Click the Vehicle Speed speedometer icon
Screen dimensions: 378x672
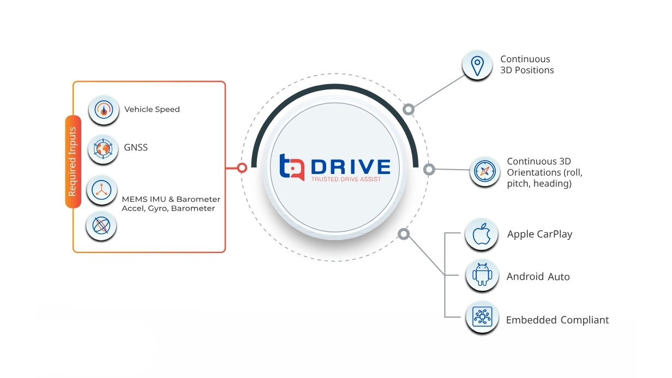pyautogui.click(x=103, y=110)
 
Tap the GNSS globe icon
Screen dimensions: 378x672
pyautogui.click(x=103, y=148)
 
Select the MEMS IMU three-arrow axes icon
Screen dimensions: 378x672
pyautogui.click(x=102, y=190)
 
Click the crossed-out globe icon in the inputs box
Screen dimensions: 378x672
pyautogui.click(x=101, y=225)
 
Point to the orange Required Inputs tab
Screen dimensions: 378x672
pyautogui.click(x=73, y=161)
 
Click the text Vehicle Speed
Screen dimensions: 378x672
pyautogui.click(x=152, y=109)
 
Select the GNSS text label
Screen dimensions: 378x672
pyautogui.click(x=135, y=147)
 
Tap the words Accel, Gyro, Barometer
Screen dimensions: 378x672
pyautogui.click(x=169, y=208)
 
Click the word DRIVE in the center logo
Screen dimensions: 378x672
pyautogui.click(x=351, y=166)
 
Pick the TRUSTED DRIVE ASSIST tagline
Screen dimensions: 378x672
pyautogui.click(x=346, y=179)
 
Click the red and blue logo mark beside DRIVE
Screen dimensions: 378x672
pyautogui.click(x=291, y=167)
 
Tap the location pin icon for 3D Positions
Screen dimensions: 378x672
pyautogui.click(x=477, y=65)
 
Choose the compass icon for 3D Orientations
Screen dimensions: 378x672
pyautogui.click(x=484, y=171)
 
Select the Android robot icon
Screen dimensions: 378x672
pyautogui.click(x=482, y=275)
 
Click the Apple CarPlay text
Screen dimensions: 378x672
pyautogui.click(x=539, y=234)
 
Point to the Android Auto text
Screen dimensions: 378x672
pyautogui.click(x=538, y=277)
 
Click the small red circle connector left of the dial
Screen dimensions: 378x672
pyautogui.click(x=242, y=168)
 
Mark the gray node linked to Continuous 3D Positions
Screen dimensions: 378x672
pyautogui.click(x=409, y=110)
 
